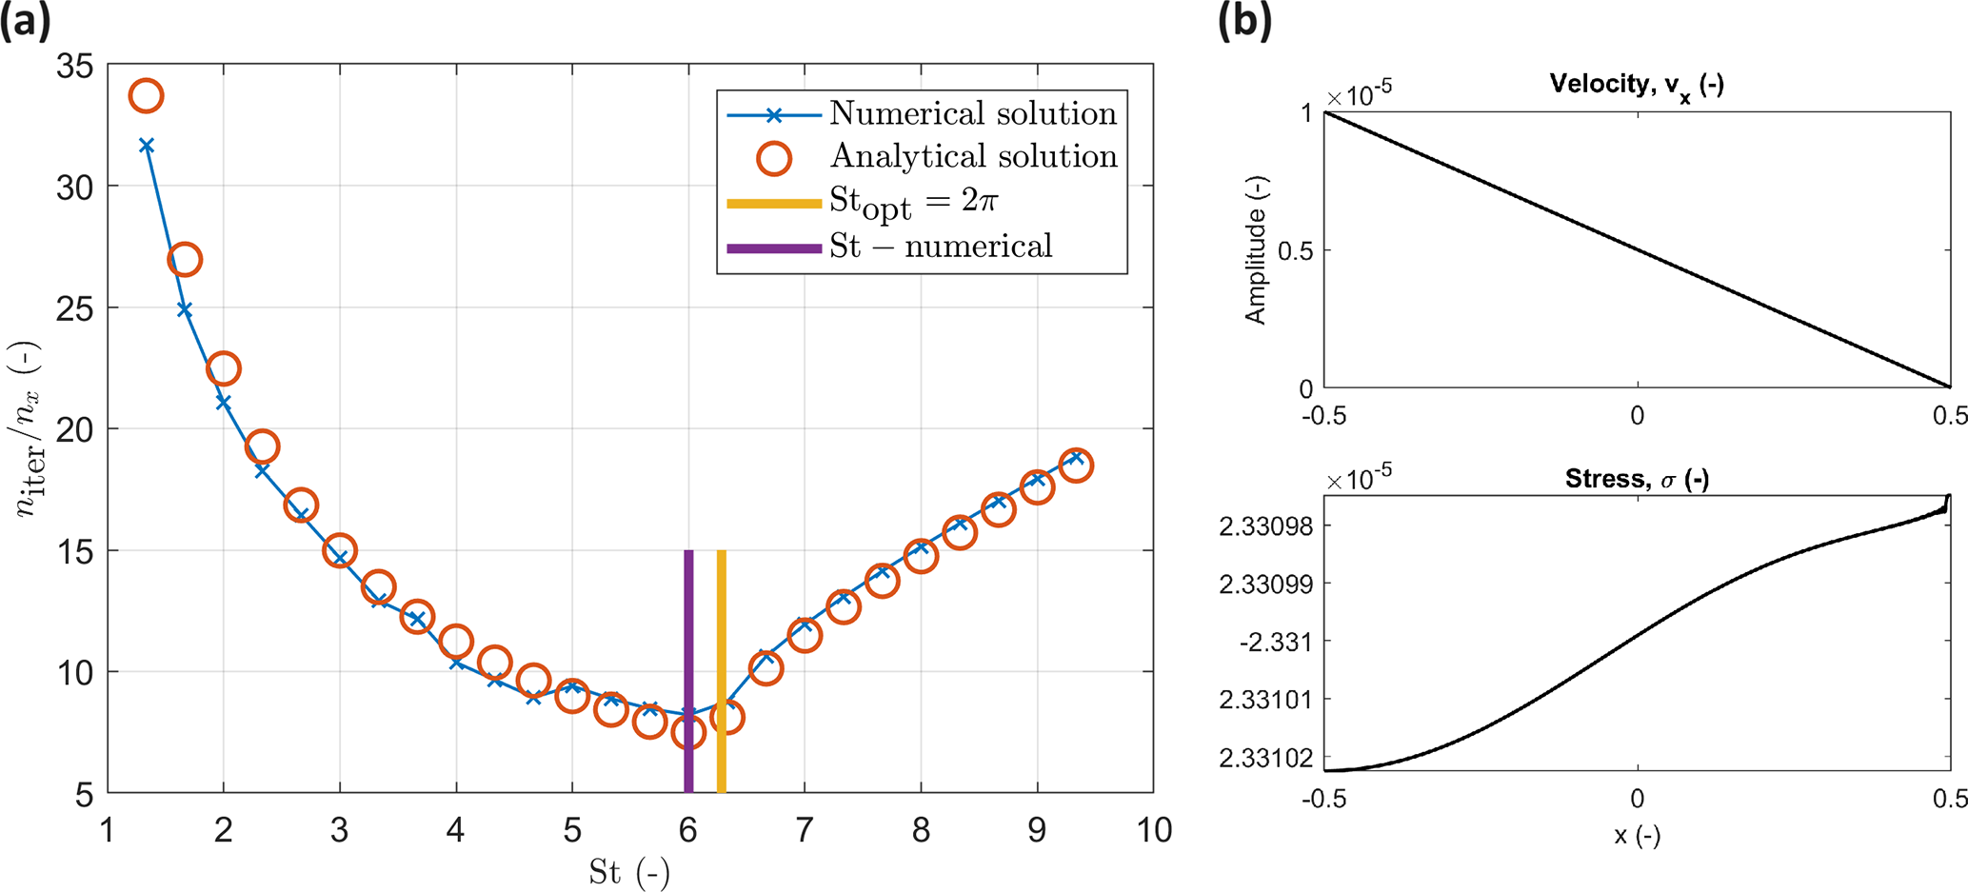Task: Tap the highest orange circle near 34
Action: point(146,96)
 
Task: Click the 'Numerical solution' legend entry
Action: point(972,114)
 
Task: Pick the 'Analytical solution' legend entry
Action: point(973,157)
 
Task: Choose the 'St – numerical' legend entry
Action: point(940,248)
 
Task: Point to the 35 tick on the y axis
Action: point(75,67)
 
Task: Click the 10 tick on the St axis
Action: point(1153,830)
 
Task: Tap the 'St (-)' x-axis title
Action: point(629,872)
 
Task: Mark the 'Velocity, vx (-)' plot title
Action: point(1636,86)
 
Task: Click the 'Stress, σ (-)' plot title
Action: point(1636,479)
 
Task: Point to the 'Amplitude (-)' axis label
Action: point(1256,250)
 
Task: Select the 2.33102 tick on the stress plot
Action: point(1264,758)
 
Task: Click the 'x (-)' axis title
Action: point(1637,836)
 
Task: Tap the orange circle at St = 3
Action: point(340,551)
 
